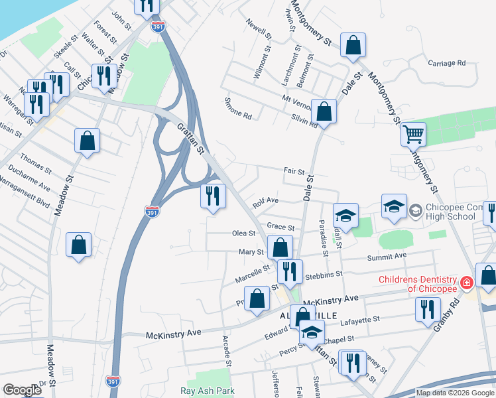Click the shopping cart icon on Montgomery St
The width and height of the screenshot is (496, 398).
point(413,135)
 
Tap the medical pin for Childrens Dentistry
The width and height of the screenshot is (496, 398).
point(467,283)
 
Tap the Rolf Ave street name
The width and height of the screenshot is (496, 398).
point(265,200)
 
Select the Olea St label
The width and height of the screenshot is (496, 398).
point(243,233)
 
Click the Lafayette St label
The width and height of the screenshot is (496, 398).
point(361,319)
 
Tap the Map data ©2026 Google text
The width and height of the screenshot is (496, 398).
point(454,393)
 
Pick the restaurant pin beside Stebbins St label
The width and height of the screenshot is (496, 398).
point(290,271)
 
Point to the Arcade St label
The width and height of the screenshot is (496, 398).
point(227,350)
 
